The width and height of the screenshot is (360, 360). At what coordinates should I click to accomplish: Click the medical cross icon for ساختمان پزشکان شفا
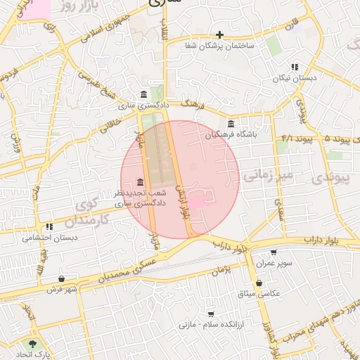[x=220, y=34]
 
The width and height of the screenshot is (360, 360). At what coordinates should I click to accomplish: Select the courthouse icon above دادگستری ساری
[x=144, y=95]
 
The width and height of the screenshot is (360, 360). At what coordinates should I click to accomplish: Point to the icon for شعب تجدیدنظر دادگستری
[x=141, y=183]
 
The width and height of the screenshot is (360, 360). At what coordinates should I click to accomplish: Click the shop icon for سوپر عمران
[x=274, y=252]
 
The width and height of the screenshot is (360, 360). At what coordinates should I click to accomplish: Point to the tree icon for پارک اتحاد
[x=31, y=344]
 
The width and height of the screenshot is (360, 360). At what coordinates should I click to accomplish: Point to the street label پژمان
[x=220, y=269]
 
